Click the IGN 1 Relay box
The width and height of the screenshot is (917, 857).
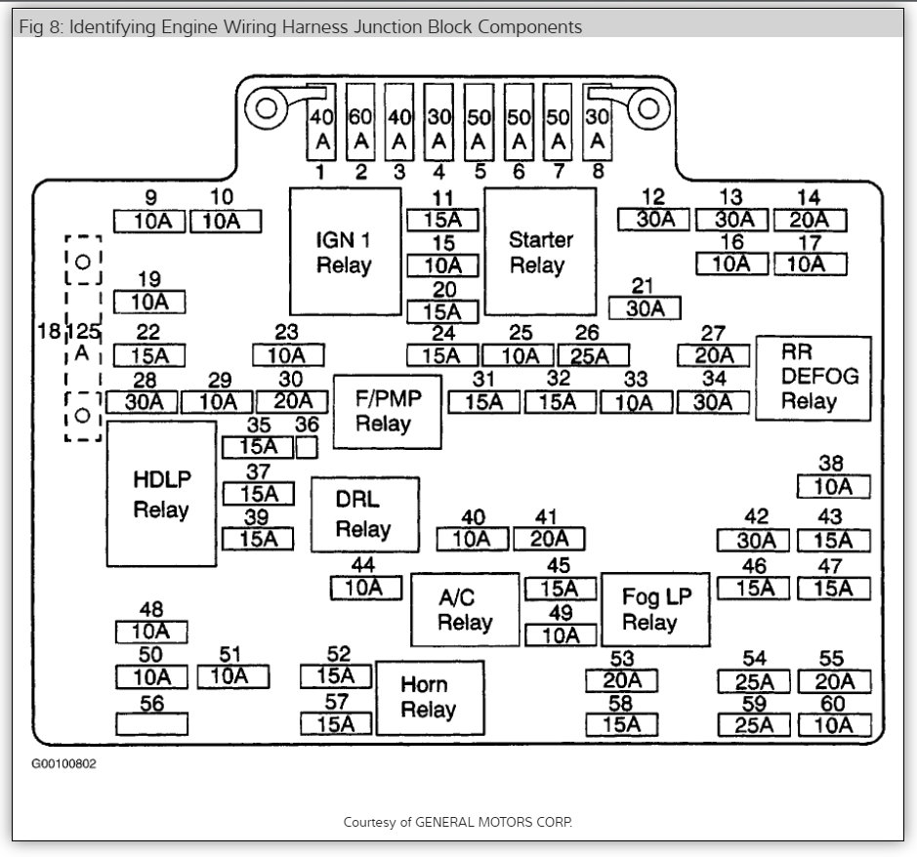(x=344, y=252)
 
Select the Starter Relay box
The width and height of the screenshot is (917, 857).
(x=540, y=252)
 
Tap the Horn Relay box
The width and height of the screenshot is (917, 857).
(x=429, y=698)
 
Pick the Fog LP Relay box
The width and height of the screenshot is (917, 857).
(x=649, y=610)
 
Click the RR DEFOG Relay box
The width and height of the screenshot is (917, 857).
(x=813, y=378)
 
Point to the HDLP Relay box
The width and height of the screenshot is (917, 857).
(x=161, y=494)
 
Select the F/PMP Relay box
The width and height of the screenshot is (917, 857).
(x=387, y=411)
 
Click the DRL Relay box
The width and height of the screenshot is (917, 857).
(x=364, y=514)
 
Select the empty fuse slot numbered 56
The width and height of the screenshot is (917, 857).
(x=151, y=723)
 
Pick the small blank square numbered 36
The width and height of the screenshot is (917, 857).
(x=307, y=447)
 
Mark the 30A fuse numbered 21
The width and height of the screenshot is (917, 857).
(x=644, y=308)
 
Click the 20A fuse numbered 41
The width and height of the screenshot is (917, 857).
(x=549, y=539)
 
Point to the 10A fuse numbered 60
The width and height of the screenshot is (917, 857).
(x=833, y=724)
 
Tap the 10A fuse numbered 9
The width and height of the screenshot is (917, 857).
(x=149, y=222)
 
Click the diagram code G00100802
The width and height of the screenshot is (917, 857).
(x=64, y=763)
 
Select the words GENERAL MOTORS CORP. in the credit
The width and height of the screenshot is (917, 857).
(x=494, y=822)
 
